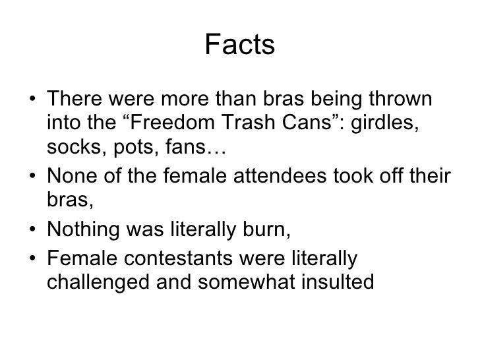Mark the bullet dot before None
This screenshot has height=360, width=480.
click(x=33, y=177)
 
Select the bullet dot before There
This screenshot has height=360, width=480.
click(x=33, y=101)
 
